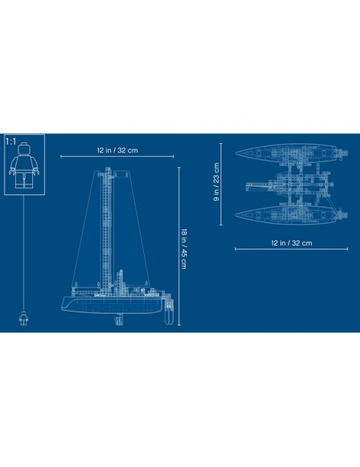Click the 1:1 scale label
[11, 142]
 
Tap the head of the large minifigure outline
[25, 149]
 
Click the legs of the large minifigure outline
[25, 178]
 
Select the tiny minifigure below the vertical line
[24, 318]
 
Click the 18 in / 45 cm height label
[184, 249]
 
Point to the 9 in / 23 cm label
[216, 181]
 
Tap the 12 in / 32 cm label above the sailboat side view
[117, 150]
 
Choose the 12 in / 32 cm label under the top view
[292, 243]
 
